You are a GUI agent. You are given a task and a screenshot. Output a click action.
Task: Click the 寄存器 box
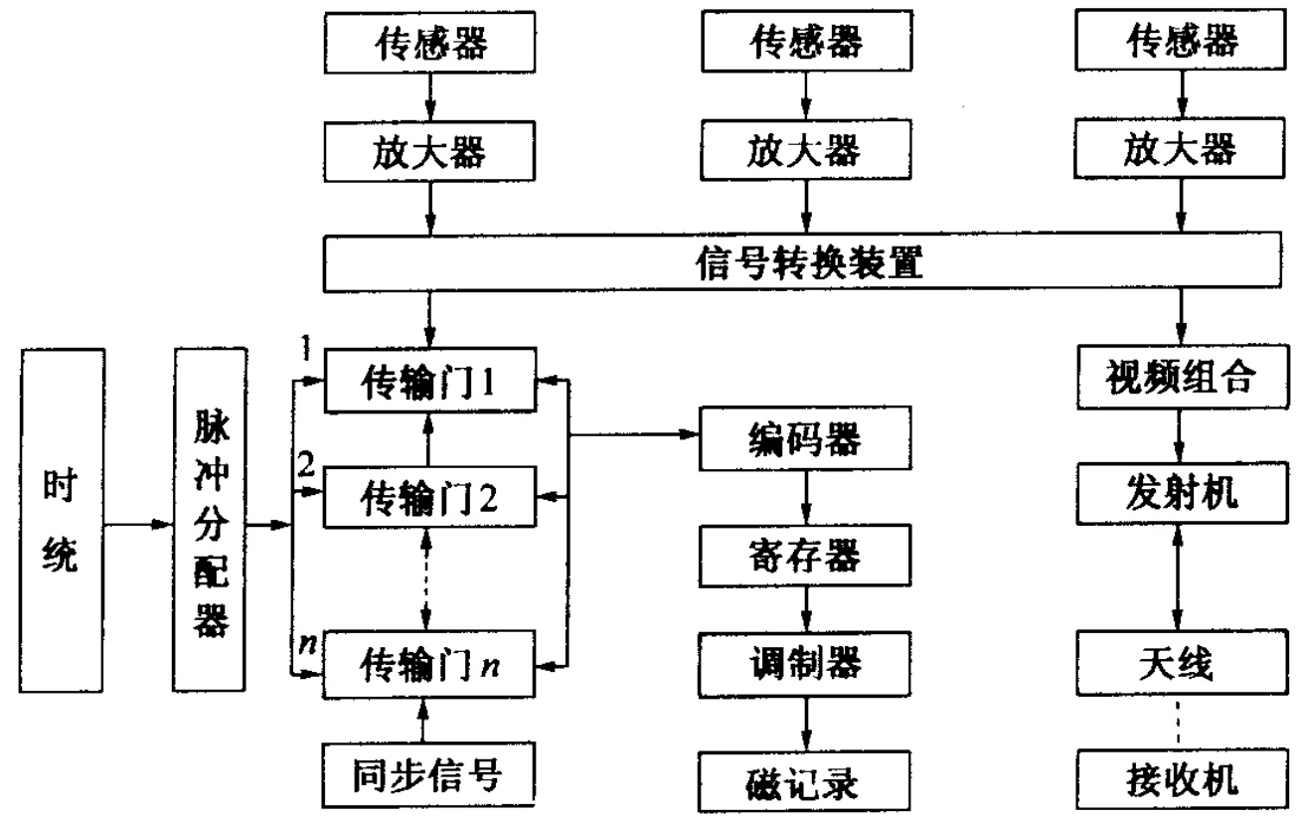(x=805, y=550)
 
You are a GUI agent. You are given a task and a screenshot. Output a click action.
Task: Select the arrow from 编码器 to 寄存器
(x=805, y=493)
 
